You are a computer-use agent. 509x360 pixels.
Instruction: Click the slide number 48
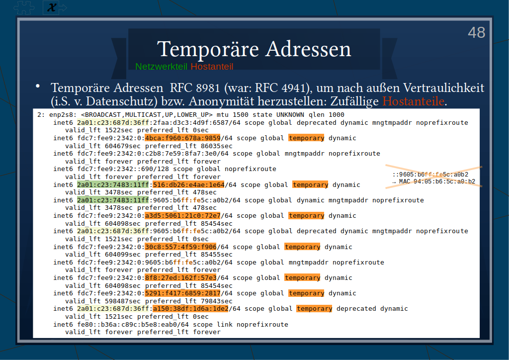(477, 32)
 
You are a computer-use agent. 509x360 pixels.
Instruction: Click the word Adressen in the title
(308, 49)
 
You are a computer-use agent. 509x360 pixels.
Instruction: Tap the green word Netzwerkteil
(162, 67)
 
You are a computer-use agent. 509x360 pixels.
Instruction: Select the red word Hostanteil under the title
(212, 67)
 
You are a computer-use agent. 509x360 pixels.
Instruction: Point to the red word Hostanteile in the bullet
(413, 101)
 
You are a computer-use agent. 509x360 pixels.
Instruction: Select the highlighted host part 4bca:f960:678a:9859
(182, 138)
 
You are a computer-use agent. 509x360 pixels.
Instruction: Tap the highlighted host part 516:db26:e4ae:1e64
(188, 184)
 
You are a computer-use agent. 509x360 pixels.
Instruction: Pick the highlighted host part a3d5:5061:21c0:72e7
(182, 215)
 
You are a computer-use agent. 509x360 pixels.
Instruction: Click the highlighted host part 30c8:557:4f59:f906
(180, 247)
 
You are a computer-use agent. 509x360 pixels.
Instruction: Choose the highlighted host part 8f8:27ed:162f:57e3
(180, 278)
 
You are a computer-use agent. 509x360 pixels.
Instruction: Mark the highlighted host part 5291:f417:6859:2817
(182, 293)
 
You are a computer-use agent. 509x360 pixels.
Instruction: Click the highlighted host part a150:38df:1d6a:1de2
(190, 309)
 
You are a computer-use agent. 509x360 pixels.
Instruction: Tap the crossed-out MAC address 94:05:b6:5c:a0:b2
(437, 181)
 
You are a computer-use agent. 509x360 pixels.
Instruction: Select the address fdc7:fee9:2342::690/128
(123, 169)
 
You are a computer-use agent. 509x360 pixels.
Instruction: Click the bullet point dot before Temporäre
(38, 86)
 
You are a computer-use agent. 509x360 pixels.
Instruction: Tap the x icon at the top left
(52, 7)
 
